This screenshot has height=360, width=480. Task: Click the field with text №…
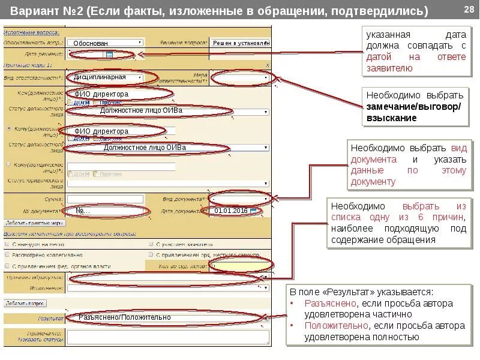tap(105, 211)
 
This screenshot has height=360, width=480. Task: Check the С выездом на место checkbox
tap(7, 244)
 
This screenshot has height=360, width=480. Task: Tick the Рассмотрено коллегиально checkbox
tap(7, 254)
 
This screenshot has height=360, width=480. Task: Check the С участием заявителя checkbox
tap(151, 244)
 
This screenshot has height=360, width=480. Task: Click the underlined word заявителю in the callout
tap(389, 68)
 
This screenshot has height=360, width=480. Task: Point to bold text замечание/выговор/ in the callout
tap(414, 107)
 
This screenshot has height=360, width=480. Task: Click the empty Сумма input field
tap(105, 199)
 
